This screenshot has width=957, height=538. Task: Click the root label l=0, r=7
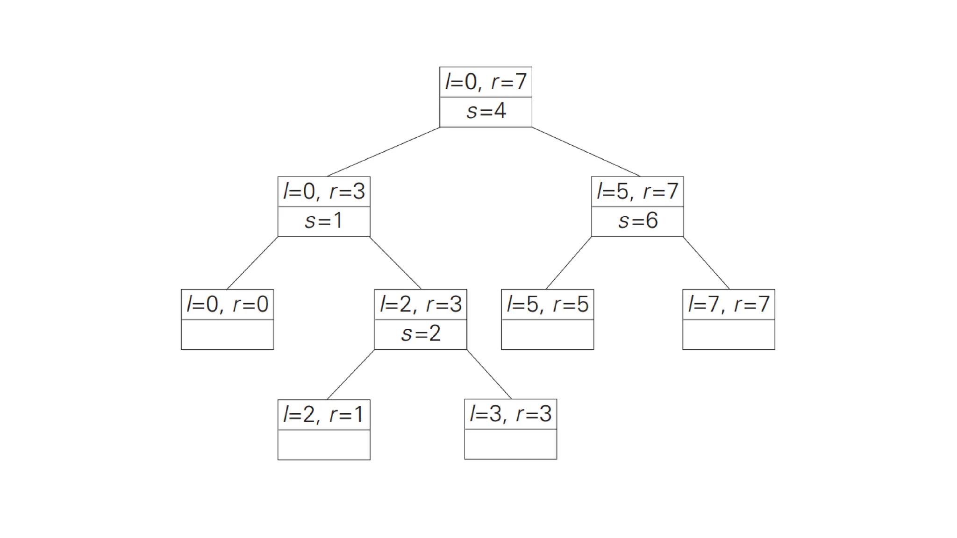(x=486, y=82)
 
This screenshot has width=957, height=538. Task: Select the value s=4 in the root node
(x=486, y=112)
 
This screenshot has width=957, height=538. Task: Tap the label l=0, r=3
(x=324, y=191)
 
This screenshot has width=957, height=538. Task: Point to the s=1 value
(x=324, y=221)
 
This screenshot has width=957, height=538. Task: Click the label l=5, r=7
(x=637, y=191)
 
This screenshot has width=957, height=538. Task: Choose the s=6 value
(x=637, y=221)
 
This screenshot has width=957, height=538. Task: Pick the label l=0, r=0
(x=227, y=304)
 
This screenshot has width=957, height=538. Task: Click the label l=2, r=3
(x=421, y=304)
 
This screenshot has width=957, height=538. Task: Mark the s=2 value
(x=421, y=334)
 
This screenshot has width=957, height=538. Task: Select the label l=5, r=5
(x=547, y=304)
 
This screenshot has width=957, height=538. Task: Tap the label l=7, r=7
(x=728, y=304)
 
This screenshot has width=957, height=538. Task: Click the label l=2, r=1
(x=324, y=415)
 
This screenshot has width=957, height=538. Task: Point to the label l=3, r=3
(x=510, y=414)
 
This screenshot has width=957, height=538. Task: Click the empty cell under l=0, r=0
(x=227, y=334)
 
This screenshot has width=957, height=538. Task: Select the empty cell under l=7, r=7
(x=728, y=334)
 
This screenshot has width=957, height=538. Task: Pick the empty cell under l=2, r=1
(x=324, y=445)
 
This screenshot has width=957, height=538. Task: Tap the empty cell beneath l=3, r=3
(x=510, y=444)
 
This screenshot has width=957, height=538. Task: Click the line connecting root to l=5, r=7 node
(x=586, y=152)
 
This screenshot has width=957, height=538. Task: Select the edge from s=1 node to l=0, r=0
(x=252, y=263)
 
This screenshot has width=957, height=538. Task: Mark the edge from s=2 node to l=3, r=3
(x=489, y=374)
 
